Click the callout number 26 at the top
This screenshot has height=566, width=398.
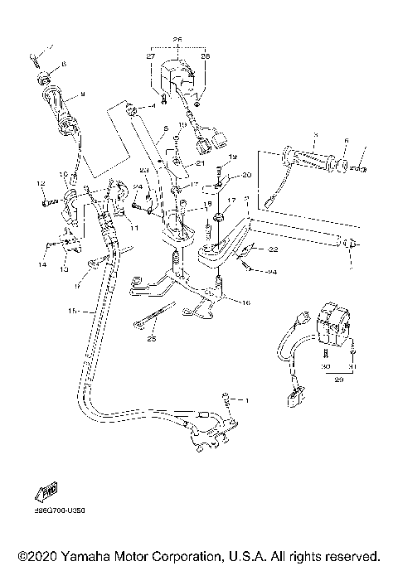coord(177,39)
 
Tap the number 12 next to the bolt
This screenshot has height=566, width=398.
coord(40,182)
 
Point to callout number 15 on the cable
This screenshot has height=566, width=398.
coord(71,311)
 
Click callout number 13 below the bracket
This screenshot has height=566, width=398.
coord(62,268)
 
